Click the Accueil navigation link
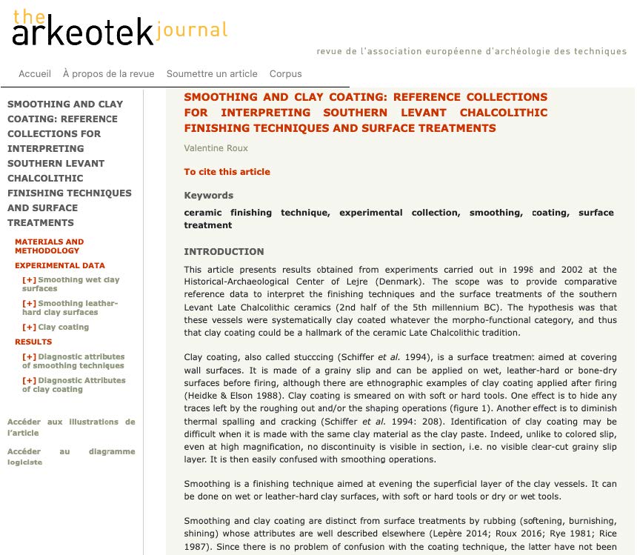[x=35, y=73]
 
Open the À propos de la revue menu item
[x=109, y=73]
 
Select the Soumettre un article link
[x=212, y=73]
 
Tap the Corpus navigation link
[x=286, y=73]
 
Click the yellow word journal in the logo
[x=192, y=30]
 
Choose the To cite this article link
[x=227, y=172]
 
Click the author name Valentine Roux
[x=216, y=148]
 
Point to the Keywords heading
[x=208, y=196]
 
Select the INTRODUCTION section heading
[x=224, y=251]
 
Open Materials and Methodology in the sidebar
[x=49, y=246]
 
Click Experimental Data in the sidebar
[x=60, y=265]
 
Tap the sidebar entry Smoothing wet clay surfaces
[x=74, y=284]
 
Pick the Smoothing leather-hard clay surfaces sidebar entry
[x=74, y=308]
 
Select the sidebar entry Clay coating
[x=63, y=327]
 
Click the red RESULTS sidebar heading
[x=33, y=342]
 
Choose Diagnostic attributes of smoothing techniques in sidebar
[x=78, y=361]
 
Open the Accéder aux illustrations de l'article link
[x=71, y=427]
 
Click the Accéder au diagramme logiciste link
[x=71, y=456]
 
